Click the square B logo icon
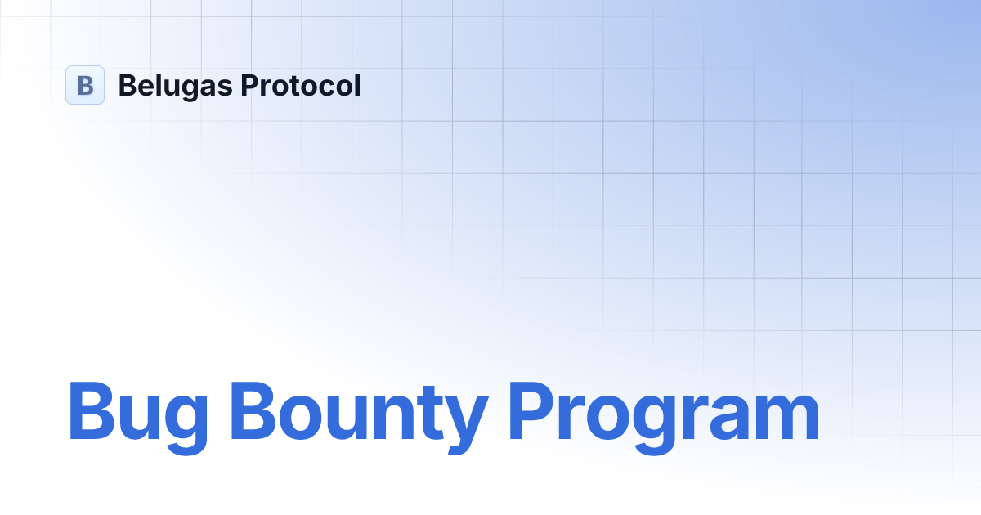click(x=85, y=85)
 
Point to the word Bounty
click(x=361, y=413)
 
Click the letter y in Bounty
click(x=467, y=421)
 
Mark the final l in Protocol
click(x=357, y=85)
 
